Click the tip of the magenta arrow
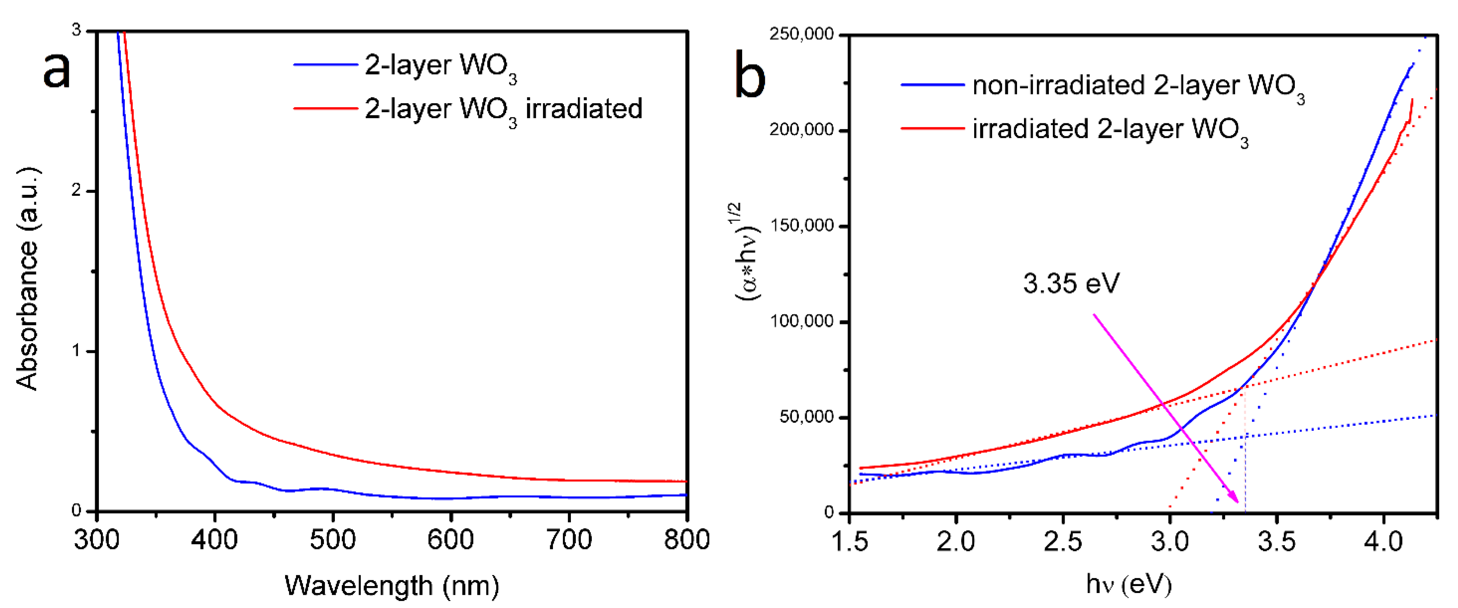1238,502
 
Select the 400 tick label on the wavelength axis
214,540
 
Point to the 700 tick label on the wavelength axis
569,540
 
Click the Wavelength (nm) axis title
392,585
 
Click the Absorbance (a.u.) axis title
27,279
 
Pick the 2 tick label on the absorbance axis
76,190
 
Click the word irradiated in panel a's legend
584,108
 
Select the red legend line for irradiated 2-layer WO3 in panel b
932,128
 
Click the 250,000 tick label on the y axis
801,34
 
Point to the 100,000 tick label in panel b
801,321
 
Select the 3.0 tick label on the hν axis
1169,541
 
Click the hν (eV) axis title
1128,584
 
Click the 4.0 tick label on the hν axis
1383,541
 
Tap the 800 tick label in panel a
687,540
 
